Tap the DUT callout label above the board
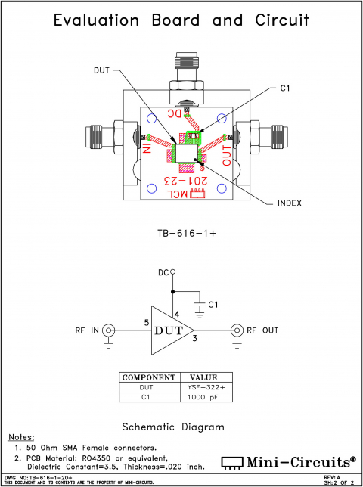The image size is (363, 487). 101,70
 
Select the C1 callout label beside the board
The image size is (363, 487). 285,88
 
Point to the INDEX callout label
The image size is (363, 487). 290,203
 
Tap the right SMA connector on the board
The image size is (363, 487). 265,136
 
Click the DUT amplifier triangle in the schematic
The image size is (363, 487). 169,330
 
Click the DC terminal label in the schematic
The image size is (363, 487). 163,272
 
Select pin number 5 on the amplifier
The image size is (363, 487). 147,323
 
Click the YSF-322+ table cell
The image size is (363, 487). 203,386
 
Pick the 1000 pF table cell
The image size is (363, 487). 203,396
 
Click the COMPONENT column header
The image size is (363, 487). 149,377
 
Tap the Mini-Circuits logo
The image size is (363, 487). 288,461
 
